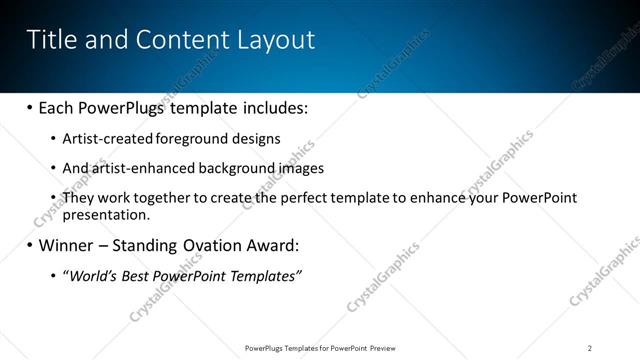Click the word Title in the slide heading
(49, 40)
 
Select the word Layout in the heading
(275, 40)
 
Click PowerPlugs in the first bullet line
(122, 107)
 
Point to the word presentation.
(106, 214)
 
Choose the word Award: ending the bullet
(271, 245)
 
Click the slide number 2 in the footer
(590, 347)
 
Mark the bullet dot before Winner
(30, 245)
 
